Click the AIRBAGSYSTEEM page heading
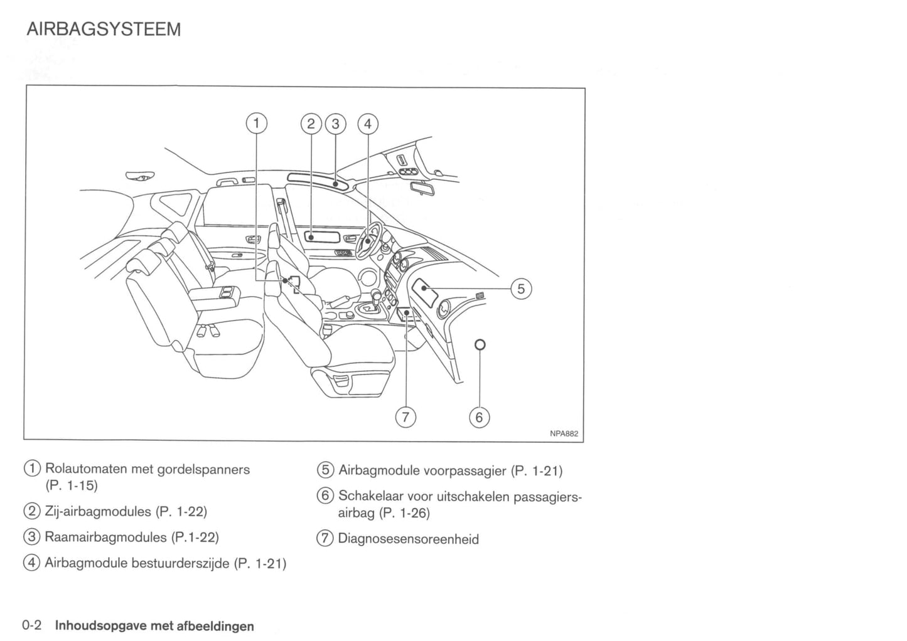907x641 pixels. click(x=104, y=29)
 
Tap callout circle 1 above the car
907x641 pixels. click(x=255, y=124)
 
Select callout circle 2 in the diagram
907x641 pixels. click(x=311, y=124)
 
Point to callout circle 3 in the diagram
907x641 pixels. click(x=335, y=124)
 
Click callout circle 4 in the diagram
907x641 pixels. click(x=368, y=124)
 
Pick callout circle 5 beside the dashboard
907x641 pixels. click(x=521, y=289)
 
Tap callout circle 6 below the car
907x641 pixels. click(x=479, y=418)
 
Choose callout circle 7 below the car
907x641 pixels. click(x=405, y=418)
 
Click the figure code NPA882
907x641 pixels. click(x=564, y=433)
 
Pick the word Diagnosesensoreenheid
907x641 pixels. click(x=408, y=539)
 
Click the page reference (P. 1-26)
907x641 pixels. click(x=405, y=513)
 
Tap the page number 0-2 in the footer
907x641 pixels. click(x=31, y=625)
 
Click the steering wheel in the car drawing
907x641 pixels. click(x=368, y=241)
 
